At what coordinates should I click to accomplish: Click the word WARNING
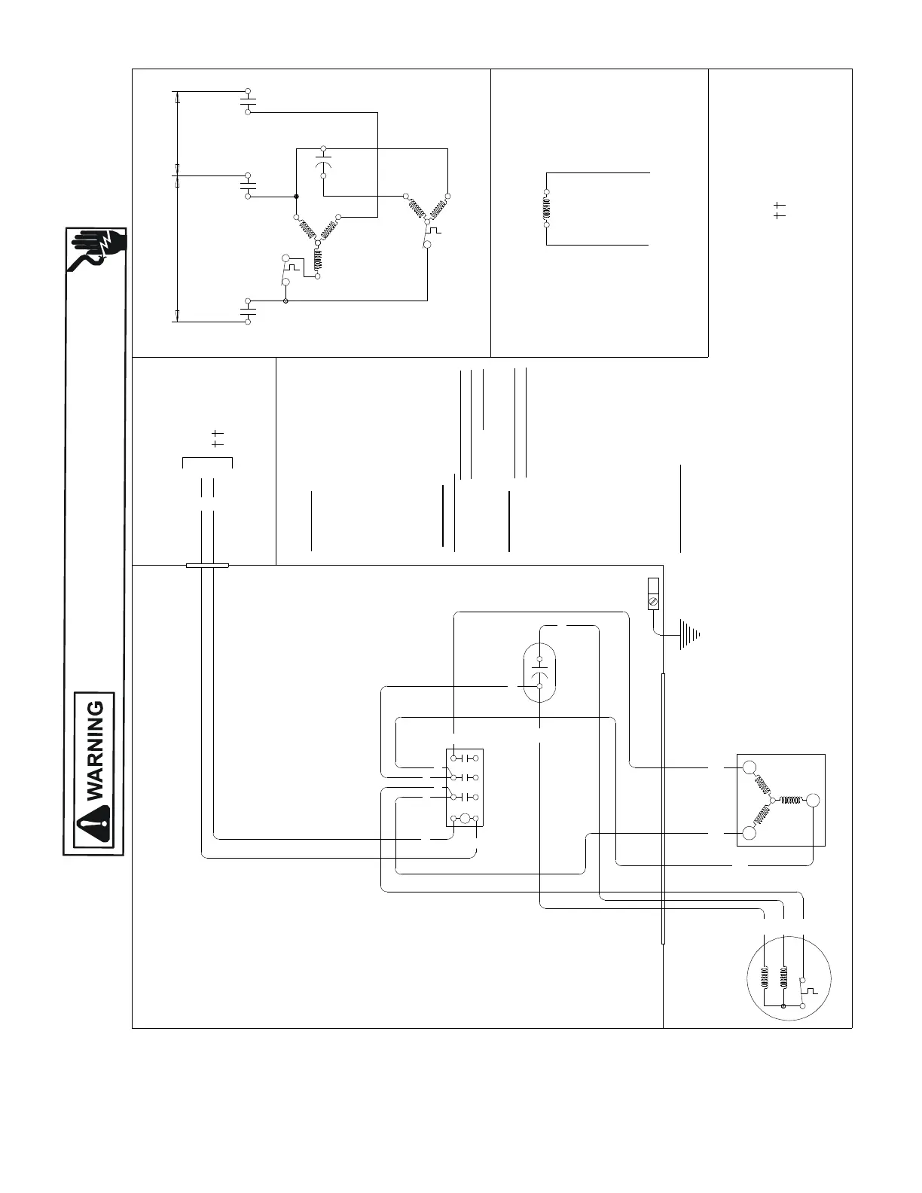[96, 751]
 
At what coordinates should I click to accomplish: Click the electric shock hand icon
[96, 250]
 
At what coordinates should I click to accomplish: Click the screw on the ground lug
[653, 602]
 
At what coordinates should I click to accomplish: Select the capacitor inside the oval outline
[539, 671]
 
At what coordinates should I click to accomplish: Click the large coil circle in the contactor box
[465, 819]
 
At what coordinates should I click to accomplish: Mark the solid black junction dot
[296, 197]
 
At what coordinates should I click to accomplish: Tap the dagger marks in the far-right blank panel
[780, 210]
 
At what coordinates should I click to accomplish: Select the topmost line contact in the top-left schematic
[248, 101]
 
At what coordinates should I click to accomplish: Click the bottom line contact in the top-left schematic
[248, 310]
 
